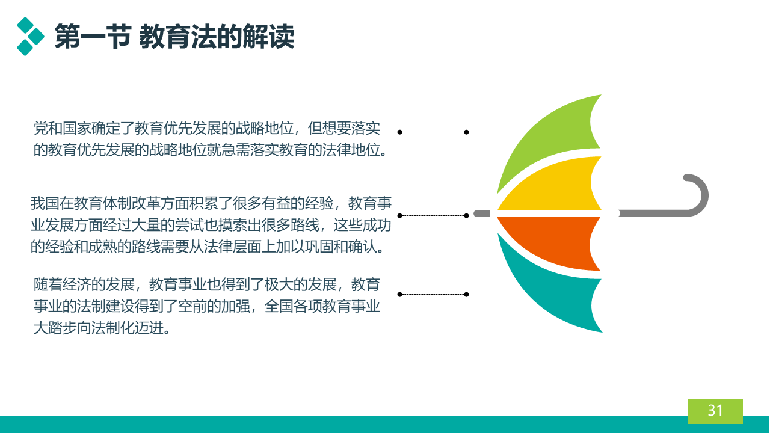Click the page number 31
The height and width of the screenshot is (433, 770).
click(715, 410)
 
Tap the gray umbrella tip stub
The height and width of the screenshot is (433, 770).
click(482, 213)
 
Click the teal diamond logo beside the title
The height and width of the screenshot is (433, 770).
click(30, 37)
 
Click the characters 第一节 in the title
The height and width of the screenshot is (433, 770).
click(93, 37)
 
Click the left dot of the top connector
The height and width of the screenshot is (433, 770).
click(400, 132)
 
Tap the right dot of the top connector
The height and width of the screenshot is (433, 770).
click(466, 132)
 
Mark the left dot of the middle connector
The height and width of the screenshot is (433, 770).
click(400, 215)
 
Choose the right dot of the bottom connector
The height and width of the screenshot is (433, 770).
click(466, 294)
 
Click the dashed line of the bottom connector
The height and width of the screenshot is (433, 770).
click(433, 294)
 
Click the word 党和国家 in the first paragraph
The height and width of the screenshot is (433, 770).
click(62, 128)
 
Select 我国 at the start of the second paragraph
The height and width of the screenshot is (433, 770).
click(45, 203)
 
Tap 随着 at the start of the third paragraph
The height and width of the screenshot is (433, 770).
click(48, 285)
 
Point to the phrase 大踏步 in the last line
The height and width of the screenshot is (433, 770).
click(55, 328)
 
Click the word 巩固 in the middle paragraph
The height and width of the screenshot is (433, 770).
click(319, 247)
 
